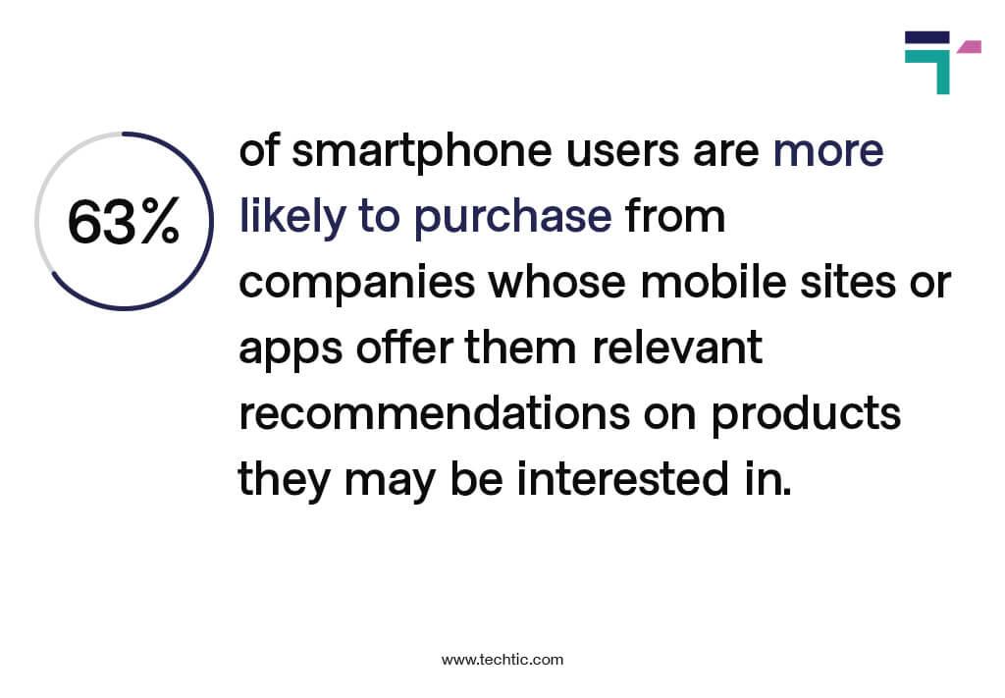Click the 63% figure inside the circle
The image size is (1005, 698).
124,223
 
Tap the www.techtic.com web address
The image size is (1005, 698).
502,660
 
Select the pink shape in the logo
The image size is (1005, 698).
970,46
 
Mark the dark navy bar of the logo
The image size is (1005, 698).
926,37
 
